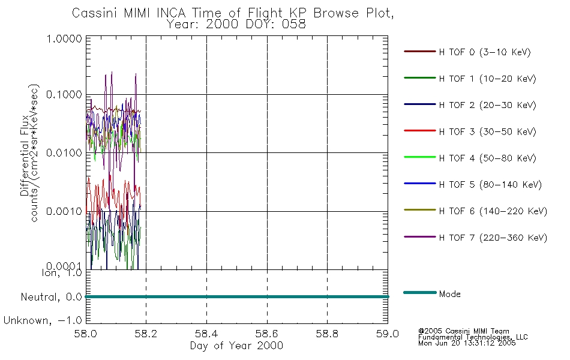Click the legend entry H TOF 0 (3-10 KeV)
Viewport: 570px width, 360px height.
(485, 52)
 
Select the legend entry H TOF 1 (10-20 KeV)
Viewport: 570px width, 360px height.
(487, 79)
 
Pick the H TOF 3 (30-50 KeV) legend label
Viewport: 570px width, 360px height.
(487, 131)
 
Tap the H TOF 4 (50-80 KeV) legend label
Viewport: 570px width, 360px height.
(487, 158)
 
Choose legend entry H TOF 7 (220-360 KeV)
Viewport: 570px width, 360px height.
(493, 238)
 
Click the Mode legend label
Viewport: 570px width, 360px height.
(449, 294)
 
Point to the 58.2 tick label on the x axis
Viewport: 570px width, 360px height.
(145, 334)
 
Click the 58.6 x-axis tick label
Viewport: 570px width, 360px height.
(266, 334)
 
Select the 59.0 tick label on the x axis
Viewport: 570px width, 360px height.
(388, 334)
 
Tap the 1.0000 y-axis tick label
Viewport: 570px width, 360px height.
(64, 38)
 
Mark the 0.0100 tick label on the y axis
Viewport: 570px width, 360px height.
(64, 153)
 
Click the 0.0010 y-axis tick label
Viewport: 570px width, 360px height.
(64, 211)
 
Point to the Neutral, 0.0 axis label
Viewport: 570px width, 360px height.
(51, 298)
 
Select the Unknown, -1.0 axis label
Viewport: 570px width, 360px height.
(43, 321)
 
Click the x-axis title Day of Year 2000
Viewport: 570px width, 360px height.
(236, 346)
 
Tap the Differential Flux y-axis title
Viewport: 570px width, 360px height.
(25, 155)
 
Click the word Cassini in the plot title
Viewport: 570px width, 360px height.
(95, 13)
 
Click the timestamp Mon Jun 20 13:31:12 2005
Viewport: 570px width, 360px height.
(467, 343)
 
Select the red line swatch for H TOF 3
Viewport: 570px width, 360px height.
(420, 131)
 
